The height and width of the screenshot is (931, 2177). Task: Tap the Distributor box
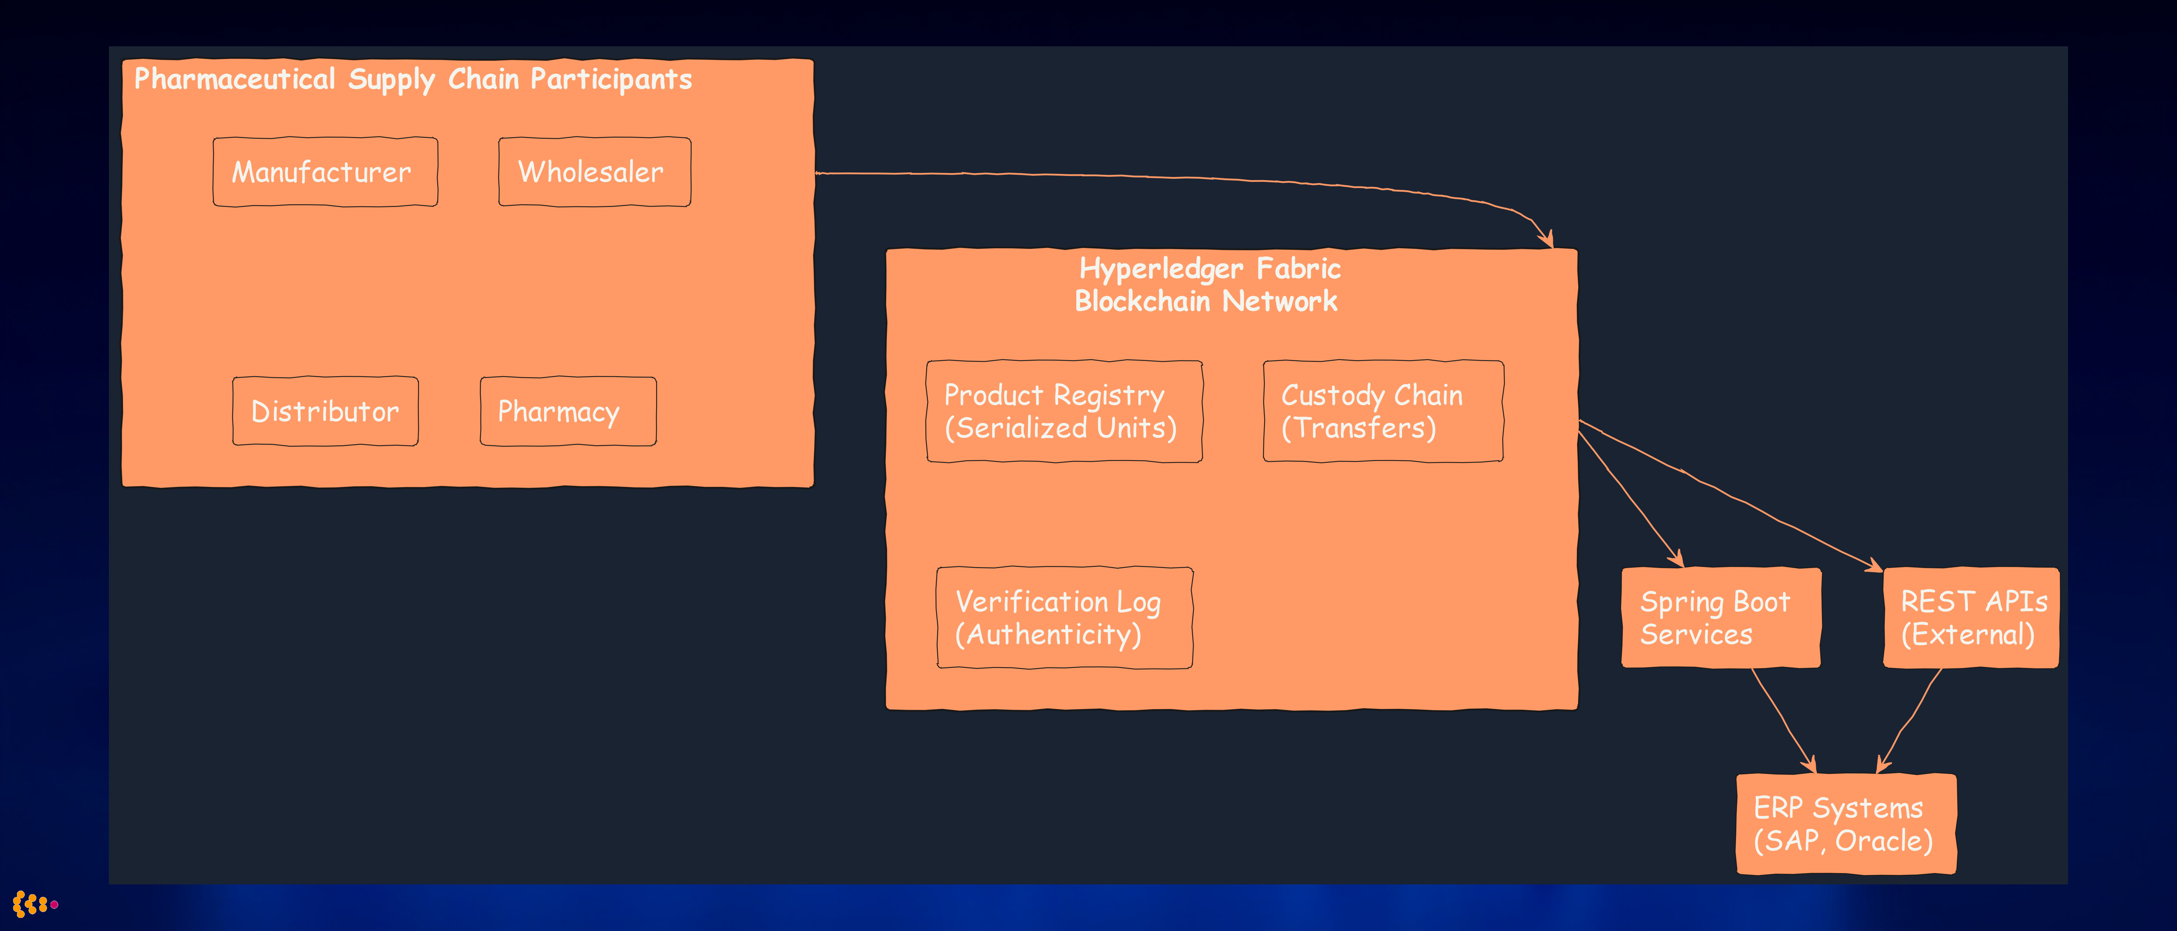coord(325,412)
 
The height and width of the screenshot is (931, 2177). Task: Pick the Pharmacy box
coord(568,412)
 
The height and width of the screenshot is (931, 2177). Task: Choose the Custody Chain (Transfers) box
coord(1383,412)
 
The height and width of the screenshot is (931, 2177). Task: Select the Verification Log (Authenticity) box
coord(1064,617)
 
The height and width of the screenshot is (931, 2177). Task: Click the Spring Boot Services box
coord(1720,617)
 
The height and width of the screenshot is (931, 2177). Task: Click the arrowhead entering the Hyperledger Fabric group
coord(1546,239)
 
